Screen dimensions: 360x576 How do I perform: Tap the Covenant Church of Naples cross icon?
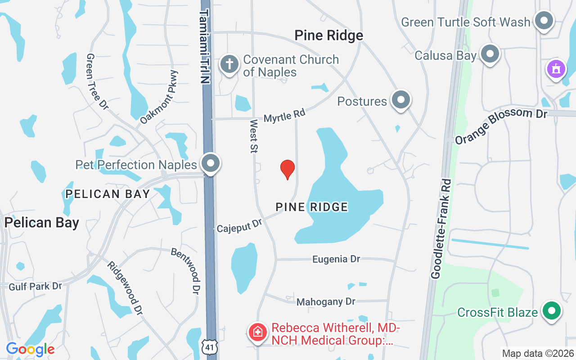[x=229, y=64]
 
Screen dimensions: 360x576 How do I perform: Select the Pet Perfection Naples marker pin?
[x=210, y=164]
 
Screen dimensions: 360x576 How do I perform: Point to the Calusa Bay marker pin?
[x=490, y=54]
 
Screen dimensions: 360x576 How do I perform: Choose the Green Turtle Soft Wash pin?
[x=544, y=21]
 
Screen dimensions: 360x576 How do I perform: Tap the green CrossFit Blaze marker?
[x=552, y=311]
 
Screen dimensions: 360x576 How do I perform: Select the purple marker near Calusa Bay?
[x=556, y=69]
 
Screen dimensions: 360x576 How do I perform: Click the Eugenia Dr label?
[x=336, y=259]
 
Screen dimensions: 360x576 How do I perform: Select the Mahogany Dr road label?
[x=326, y=302]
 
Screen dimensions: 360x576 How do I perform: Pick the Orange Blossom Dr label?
[x=500, y=126]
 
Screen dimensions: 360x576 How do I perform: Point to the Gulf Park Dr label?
[x=35, y=286]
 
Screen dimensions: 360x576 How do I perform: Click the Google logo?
[x=30, y=349]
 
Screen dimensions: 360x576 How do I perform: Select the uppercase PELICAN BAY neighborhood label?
[x=108, y=194]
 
